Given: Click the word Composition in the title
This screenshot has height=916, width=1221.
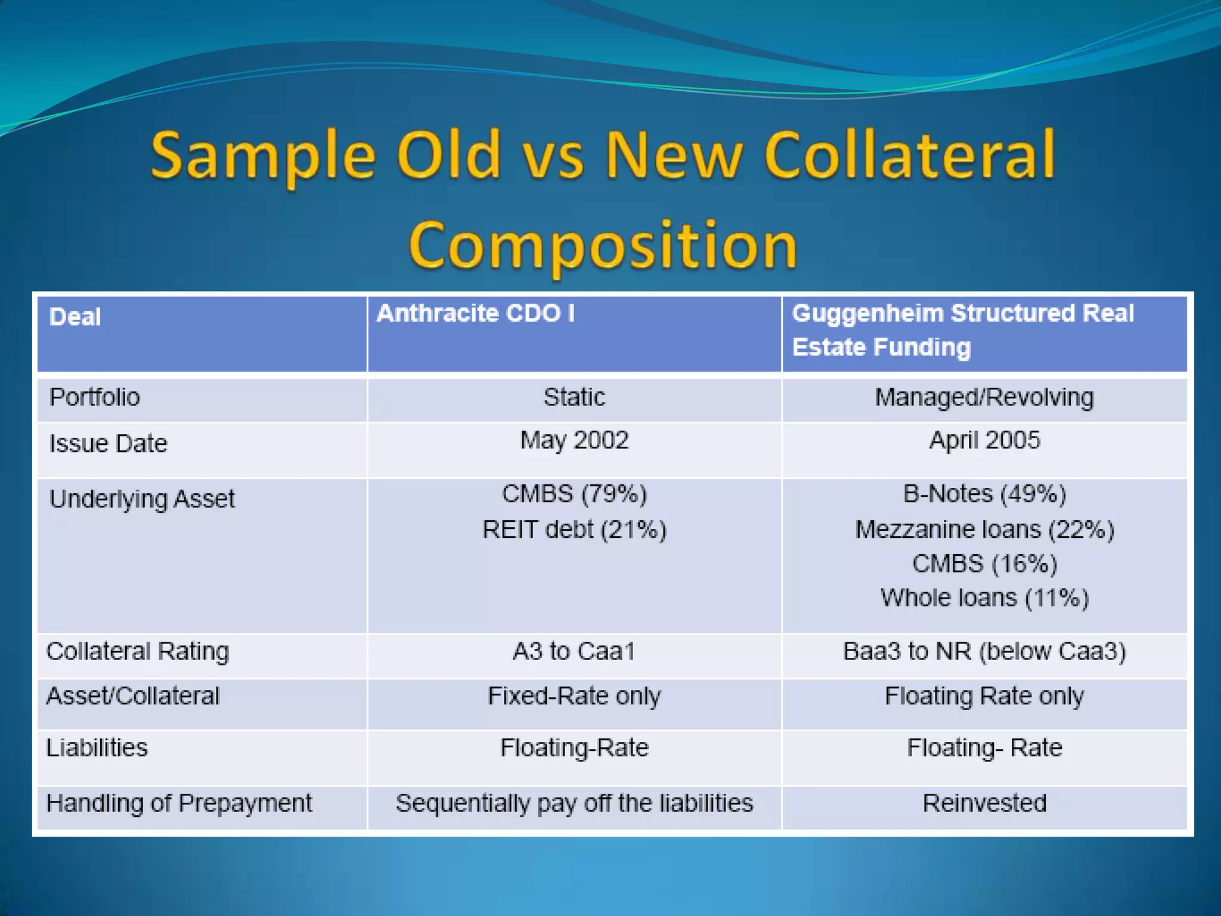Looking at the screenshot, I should (x=603, y=245).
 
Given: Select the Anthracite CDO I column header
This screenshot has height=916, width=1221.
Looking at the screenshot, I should (x=475, y=314).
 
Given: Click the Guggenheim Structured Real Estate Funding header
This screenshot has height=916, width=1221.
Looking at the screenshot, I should (x=962, y=330).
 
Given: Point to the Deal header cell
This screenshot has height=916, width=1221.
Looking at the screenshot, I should (x=75, y=317).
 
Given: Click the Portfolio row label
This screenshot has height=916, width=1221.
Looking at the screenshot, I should (x=94, y=397).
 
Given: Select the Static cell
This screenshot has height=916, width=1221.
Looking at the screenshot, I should (x=574, y=397).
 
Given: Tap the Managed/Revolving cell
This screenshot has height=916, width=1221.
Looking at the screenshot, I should (x=984, y=397).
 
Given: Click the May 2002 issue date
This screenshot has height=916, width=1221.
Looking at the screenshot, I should (x=574, y=441).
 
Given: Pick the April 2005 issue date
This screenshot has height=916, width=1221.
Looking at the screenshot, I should (x=984, y=441).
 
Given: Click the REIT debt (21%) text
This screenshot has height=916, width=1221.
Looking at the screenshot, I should (x=574, y=530).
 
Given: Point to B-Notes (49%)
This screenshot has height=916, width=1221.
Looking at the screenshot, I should (x=984, y=494).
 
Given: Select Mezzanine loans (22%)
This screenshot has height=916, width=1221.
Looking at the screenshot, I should (x=984, y=530).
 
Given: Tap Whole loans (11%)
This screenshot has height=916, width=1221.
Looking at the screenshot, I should (x=984, y=598).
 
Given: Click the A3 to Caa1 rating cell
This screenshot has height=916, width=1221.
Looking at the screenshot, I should (x=574, y=651).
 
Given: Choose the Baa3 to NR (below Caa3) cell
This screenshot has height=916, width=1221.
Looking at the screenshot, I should (x=984, y=651).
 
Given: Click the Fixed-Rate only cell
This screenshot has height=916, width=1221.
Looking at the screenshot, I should (x=574, y=696).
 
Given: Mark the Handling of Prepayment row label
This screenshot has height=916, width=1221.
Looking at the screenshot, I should (x=179, y=803).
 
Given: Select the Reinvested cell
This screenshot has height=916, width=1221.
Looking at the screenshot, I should (x=984, y=803).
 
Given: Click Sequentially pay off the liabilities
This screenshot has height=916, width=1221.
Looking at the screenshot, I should (x=574, y=803).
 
